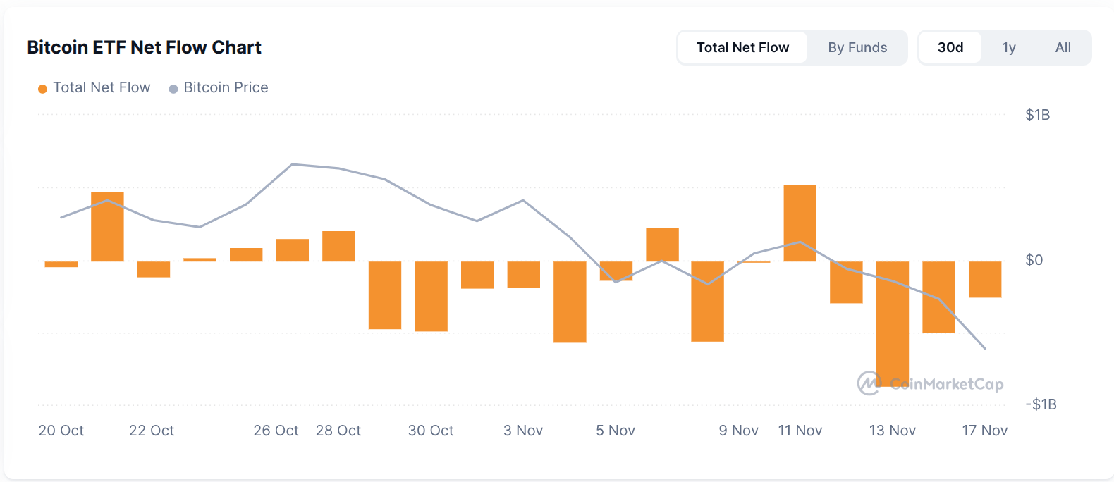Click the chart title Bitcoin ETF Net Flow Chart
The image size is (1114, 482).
coord(144,47)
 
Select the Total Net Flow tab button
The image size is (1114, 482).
coord(742,47)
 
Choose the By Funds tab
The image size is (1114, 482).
coord(857,47)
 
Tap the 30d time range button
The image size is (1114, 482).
coord(950,47)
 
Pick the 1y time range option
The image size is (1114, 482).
coord(1009,47)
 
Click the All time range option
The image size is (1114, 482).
coord(1063,47)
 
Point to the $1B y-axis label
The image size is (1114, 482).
coord(1037,115)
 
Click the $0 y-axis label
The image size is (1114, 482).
coord(1034,260)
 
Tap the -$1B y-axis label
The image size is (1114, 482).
coord(1041,404)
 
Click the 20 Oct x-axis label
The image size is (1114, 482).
coord(61,431)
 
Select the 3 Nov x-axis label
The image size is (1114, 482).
coord(523,431)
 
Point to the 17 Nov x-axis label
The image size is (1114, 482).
coord(984,431)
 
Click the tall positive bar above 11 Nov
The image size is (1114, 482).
coord(800,223)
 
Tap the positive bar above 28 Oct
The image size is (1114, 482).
coord(338,246)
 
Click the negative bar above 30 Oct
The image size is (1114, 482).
coord(431,296)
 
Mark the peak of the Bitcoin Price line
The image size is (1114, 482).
coord(293,164)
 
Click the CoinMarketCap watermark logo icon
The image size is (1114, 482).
coord(869,383)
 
